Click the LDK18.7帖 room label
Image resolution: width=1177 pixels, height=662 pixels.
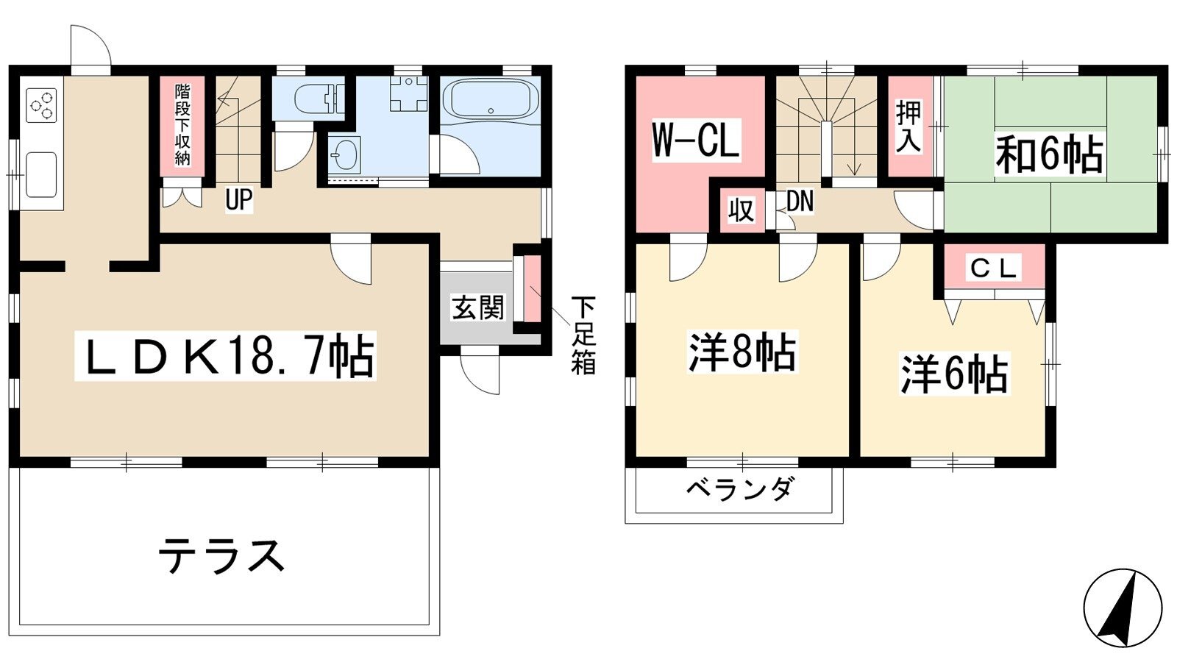point(226,355)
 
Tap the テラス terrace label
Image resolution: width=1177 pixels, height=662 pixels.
point(221,556)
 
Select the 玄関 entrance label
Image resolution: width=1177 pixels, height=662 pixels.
point(477,308)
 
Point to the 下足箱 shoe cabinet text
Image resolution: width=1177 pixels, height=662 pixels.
point(583,335)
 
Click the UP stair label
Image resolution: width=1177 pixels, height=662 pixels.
point(239,199)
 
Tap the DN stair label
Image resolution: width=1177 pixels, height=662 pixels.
point(799,202)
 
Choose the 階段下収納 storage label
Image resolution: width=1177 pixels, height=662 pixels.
point(182,125)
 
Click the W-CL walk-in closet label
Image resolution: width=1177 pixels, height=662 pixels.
point(696,139)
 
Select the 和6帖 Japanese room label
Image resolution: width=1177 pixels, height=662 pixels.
point(1049,155)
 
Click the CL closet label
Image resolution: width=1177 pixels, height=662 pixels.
point(992,269)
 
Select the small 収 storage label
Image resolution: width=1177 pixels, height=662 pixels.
point(741,210)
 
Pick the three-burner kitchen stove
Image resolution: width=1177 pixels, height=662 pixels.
point(41,105)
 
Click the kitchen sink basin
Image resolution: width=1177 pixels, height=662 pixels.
point(41,174)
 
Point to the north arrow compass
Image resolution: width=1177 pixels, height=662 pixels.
point(1123,608)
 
